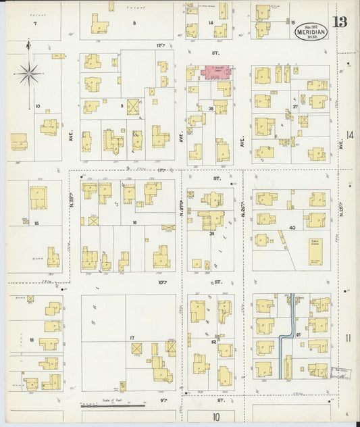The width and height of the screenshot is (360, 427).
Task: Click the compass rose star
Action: (28, 74)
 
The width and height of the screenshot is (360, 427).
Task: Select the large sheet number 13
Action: (339, 22)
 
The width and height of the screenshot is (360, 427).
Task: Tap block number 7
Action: (34, 24)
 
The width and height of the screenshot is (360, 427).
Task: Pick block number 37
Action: (295, 107)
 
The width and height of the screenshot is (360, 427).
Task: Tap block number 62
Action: (213, 342)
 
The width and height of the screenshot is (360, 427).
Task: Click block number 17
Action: (132, 338)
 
